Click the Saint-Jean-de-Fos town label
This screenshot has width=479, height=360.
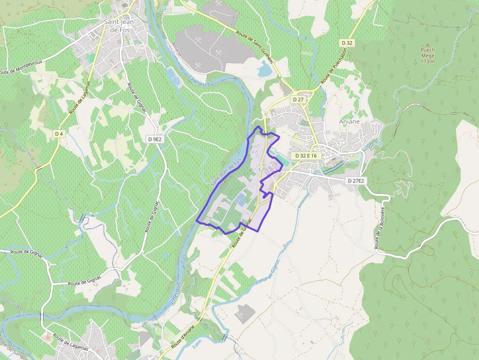[120, 26]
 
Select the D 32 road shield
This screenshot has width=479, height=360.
[347, 43]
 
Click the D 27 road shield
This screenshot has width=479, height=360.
[298, 99]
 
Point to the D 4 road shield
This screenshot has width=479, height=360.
[59, 133]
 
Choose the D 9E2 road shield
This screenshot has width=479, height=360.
[154, 139]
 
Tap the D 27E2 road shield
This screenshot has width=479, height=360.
[356, 181]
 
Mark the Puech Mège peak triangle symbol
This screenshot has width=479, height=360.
[428, 44]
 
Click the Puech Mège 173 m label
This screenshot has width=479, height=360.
[428, 55]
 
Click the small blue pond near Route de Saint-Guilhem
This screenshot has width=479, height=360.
[265, 70]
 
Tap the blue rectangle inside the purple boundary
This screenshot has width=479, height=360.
[240, 199]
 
